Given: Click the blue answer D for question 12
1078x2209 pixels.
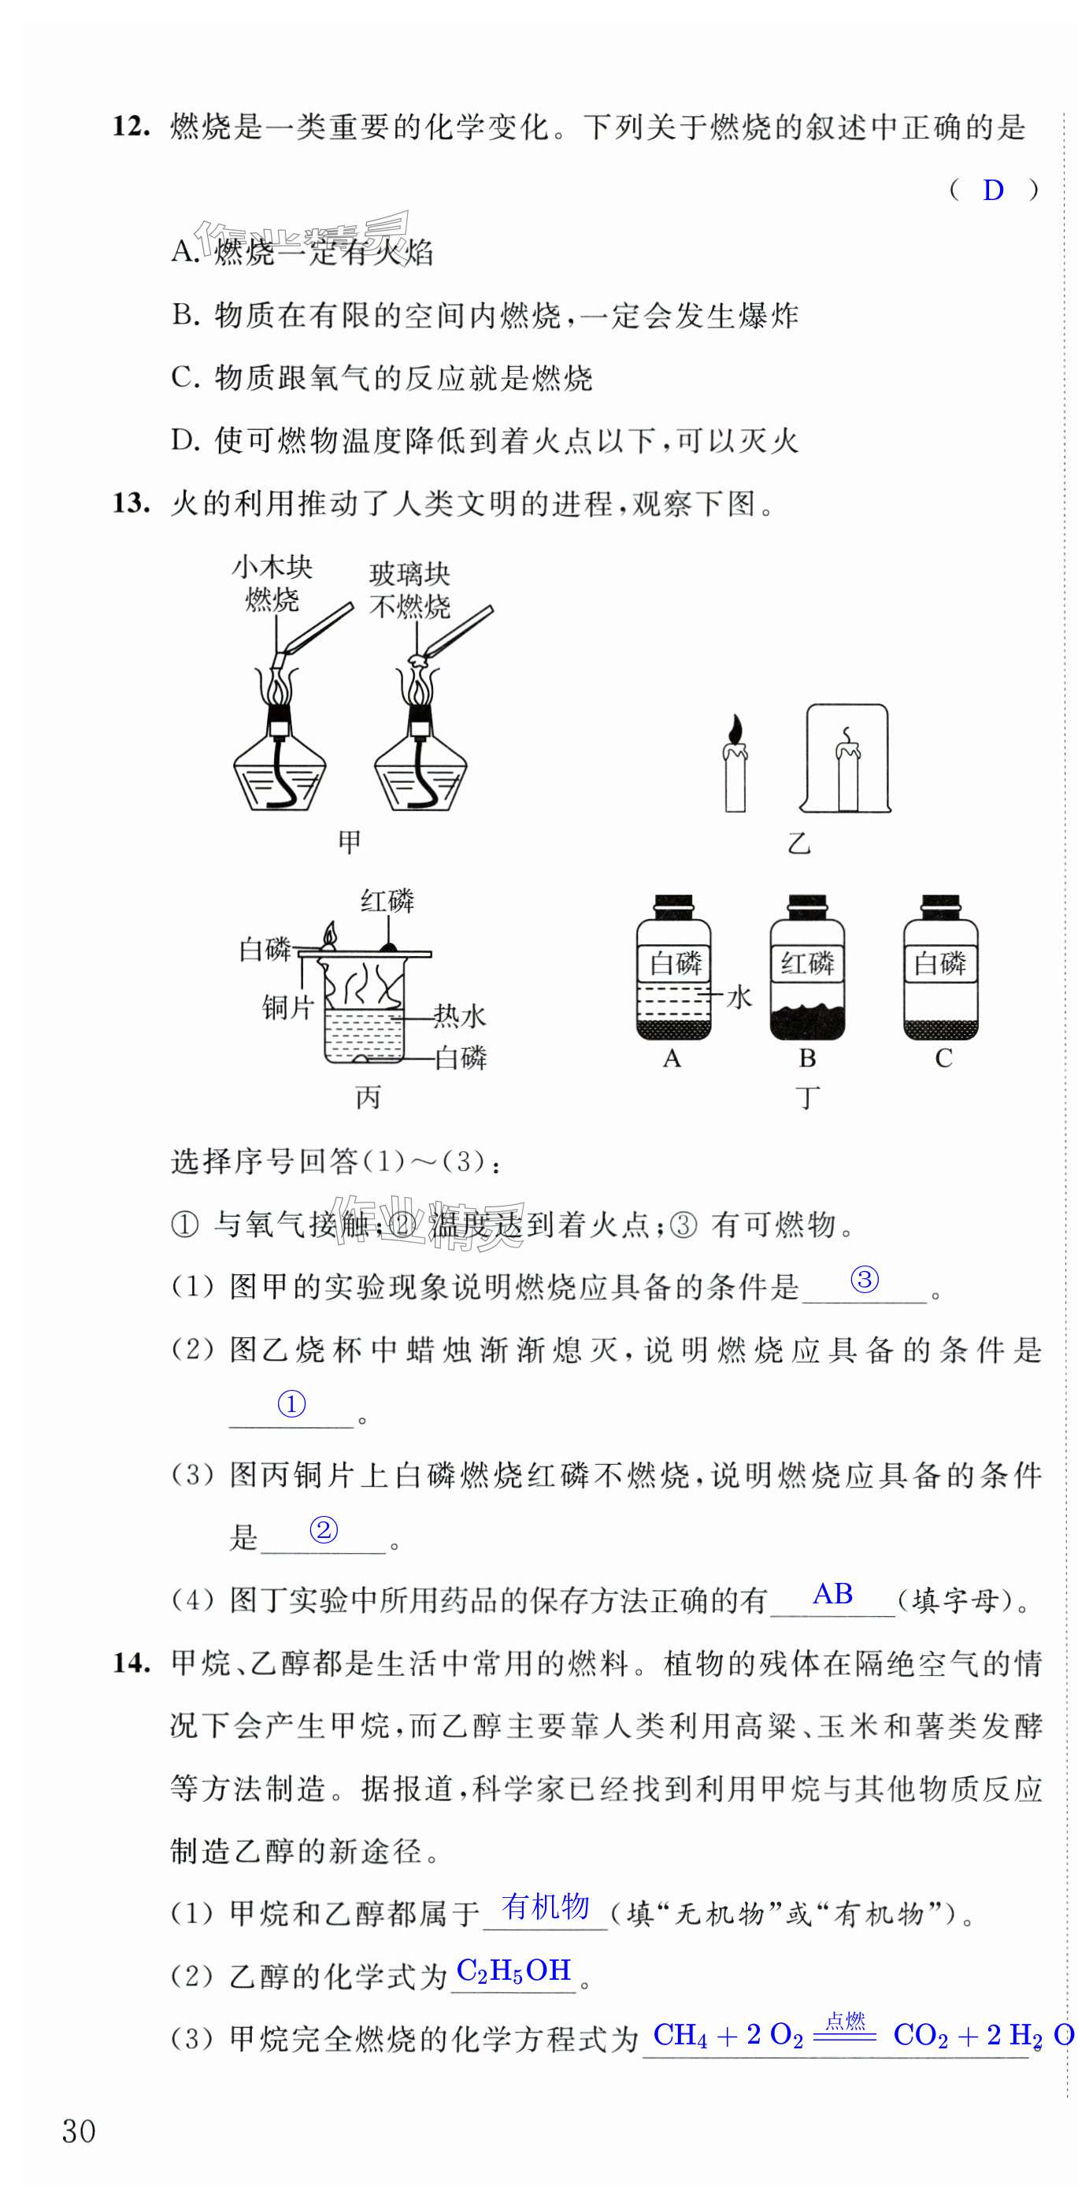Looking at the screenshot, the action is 992,191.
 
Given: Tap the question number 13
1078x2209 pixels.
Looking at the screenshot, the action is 131,503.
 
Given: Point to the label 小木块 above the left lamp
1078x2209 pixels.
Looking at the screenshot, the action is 272,567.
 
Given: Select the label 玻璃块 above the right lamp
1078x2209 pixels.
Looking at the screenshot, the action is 409,573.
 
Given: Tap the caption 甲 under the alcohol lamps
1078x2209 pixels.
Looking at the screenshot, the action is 349,842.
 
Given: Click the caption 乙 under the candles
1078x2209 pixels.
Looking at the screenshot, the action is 798,843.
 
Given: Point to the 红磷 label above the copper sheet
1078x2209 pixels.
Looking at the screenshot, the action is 387,901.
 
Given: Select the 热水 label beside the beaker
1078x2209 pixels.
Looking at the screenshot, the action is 460,1016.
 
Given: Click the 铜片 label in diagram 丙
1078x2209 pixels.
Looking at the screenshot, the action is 287,1006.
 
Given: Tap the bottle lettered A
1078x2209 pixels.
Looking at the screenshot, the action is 673,969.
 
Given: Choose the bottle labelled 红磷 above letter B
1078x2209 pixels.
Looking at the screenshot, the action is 807,969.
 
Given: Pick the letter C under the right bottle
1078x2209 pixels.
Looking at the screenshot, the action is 943,1059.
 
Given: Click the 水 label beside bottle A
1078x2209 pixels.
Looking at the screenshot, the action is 739,997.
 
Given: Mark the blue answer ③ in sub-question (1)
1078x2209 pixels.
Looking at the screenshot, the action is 865,1281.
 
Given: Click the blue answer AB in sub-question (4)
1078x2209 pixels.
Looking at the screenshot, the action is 832,1594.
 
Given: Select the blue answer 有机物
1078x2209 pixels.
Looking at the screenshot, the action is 546,1907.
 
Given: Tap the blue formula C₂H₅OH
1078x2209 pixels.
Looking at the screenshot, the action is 513,1970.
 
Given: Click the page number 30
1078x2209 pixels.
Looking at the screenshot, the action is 79,2131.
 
